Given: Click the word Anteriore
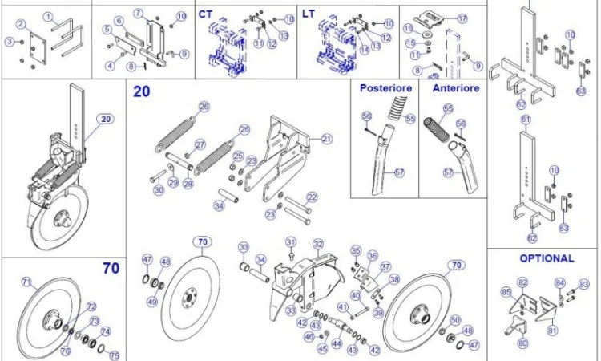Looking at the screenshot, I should pyautogui.click(x=455, y=87).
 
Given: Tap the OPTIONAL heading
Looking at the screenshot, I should pyautogui.click(x=547, y=258).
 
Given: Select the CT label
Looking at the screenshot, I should pyautogui.click(x=205, y=14).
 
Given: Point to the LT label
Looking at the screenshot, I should pyautogui.click(x=309, y=14).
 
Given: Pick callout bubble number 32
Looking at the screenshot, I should pyautogui.click(x=317, y=244).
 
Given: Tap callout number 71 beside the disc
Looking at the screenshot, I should pyautogui.click(x=26, y=282).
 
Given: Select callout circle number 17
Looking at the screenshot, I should pyautogui.click(x=462, y=18).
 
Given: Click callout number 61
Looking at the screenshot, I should pyautogui.click(x=526, y=120).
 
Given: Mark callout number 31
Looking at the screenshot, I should pyautogui.click(x=291, y=241).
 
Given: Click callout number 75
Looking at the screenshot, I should pyautogui.click(x=114, y=355).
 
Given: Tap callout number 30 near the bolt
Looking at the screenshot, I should pyautogui.click(x=159, y=189).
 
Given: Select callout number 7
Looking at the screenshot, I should pyautogui.click(x=138, y=13).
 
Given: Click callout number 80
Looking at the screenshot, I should pyautogui.click(x=522, y=343).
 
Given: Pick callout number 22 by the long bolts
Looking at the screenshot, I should pyautogui.click(x=312, y=197).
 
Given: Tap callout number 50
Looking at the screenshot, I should pyautogui.click(x=455, y=320).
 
